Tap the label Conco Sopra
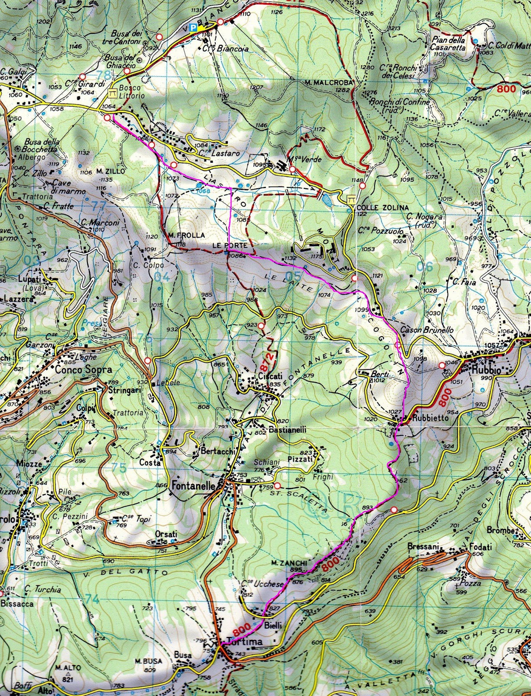point(83,370)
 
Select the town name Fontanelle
point(194,485)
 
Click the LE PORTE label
point(224,246)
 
